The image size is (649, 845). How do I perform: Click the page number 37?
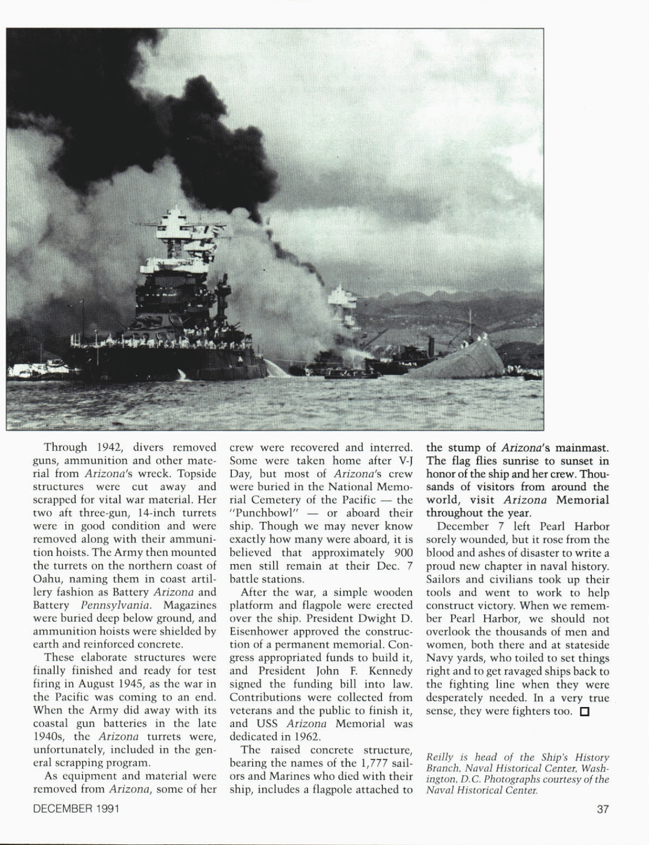click(602, 809)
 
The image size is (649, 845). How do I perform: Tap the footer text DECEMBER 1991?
click(76, 809)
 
